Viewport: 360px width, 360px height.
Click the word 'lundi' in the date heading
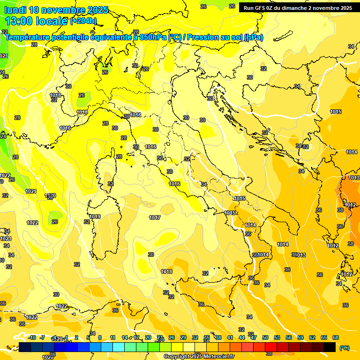pos(15,10)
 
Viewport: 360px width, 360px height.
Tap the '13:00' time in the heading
pos(19,21)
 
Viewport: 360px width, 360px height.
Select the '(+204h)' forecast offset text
pos(83,21)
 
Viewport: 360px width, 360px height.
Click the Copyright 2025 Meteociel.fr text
pos(199,357)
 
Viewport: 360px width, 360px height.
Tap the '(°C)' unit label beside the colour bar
pos(345,348)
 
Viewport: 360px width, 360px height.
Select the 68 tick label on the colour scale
pos(336,337)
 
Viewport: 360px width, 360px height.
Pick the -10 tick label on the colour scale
pos(32,337)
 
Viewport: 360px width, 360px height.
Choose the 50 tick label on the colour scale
pos(265,337)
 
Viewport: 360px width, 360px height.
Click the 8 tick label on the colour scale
pos(100,337)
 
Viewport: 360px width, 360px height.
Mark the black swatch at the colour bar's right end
pos(330,347)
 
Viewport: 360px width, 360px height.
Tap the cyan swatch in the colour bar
pos(119,347)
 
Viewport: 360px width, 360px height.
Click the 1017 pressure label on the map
pos(155,217)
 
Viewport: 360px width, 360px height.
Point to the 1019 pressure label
pos(95,217)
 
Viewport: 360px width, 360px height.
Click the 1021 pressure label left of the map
pos(31,191)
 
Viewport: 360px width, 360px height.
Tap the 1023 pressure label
pos(6,239)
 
